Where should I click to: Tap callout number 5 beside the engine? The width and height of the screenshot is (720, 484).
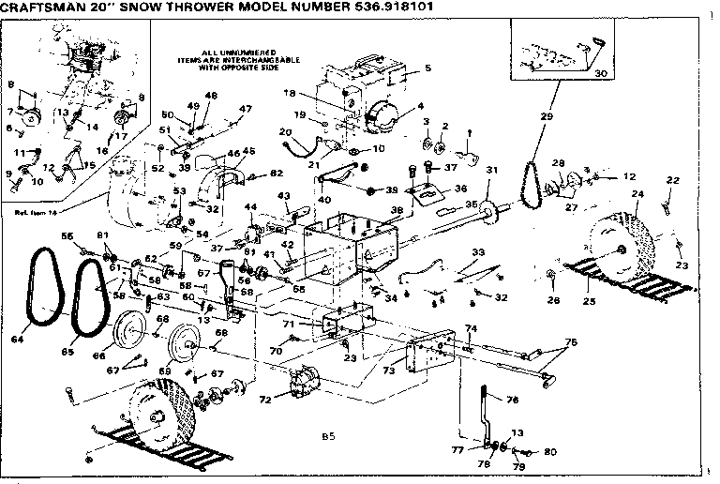(x=427, y=68)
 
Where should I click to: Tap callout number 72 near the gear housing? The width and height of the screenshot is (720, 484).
(x=265, y=400)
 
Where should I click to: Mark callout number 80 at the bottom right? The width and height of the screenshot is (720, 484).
(x=549, y=452)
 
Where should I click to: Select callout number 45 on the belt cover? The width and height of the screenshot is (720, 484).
(x=248, y=151)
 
